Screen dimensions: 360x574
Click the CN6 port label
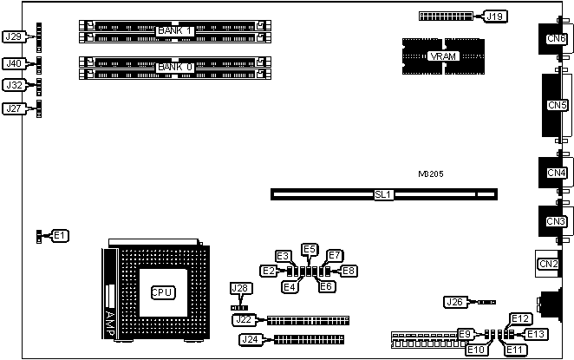click(557, 38)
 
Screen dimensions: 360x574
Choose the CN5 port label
click(557, 106)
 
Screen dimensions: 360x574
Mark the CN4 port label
click(557, 173)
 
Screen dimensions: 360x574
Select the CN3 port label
click(557, 221)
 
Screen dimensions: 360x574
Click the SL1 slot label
click(383, 194)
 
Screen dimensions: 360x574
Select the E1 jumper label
click(60, 235)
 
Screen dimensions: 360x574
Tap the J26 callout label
click(453, 302)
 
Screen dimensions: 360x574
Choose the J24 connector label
click(251, 338)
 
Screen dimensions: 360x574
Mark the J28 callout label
click(240, 288)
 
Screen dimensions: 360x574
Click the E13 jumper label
click(537, 334)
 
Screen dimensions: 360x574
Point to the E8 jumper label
click(349, 271)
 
